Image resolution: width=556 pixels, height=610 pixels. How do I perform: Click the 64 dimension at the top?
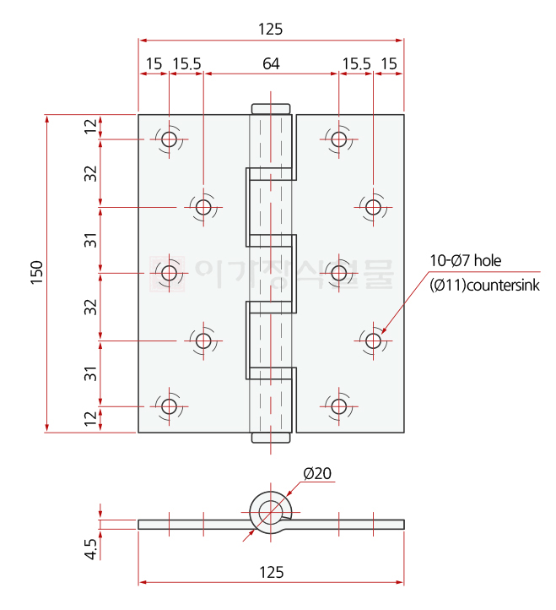coord(271,63)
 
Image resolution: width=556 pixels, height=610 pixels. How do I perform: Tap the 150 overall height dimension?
coord(37,273)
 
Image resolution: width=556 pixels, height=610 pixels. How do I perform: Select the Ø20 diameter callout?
coord(317,473)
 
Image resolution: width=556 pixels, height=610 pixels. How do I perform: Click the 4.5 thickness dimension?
coord(91,549)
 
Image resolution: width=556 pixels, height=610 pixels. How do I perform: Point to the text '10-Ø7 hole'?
coord(465,261)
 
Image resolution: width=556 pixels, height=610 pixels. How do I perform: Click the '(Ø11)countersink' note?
coord(484,286)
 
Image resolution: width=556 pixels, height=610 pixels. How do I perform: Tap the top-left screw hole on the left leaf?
coord(169,139)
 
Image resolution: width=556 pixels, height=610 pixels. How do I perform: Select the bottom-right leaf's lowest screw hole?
coord(339,406)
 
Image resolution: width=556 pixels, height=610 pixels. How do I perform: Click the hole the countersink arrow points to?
coord(374,340)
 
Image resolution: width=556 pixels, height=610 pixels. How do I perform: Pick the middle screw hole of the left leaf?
coord(169,273)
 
